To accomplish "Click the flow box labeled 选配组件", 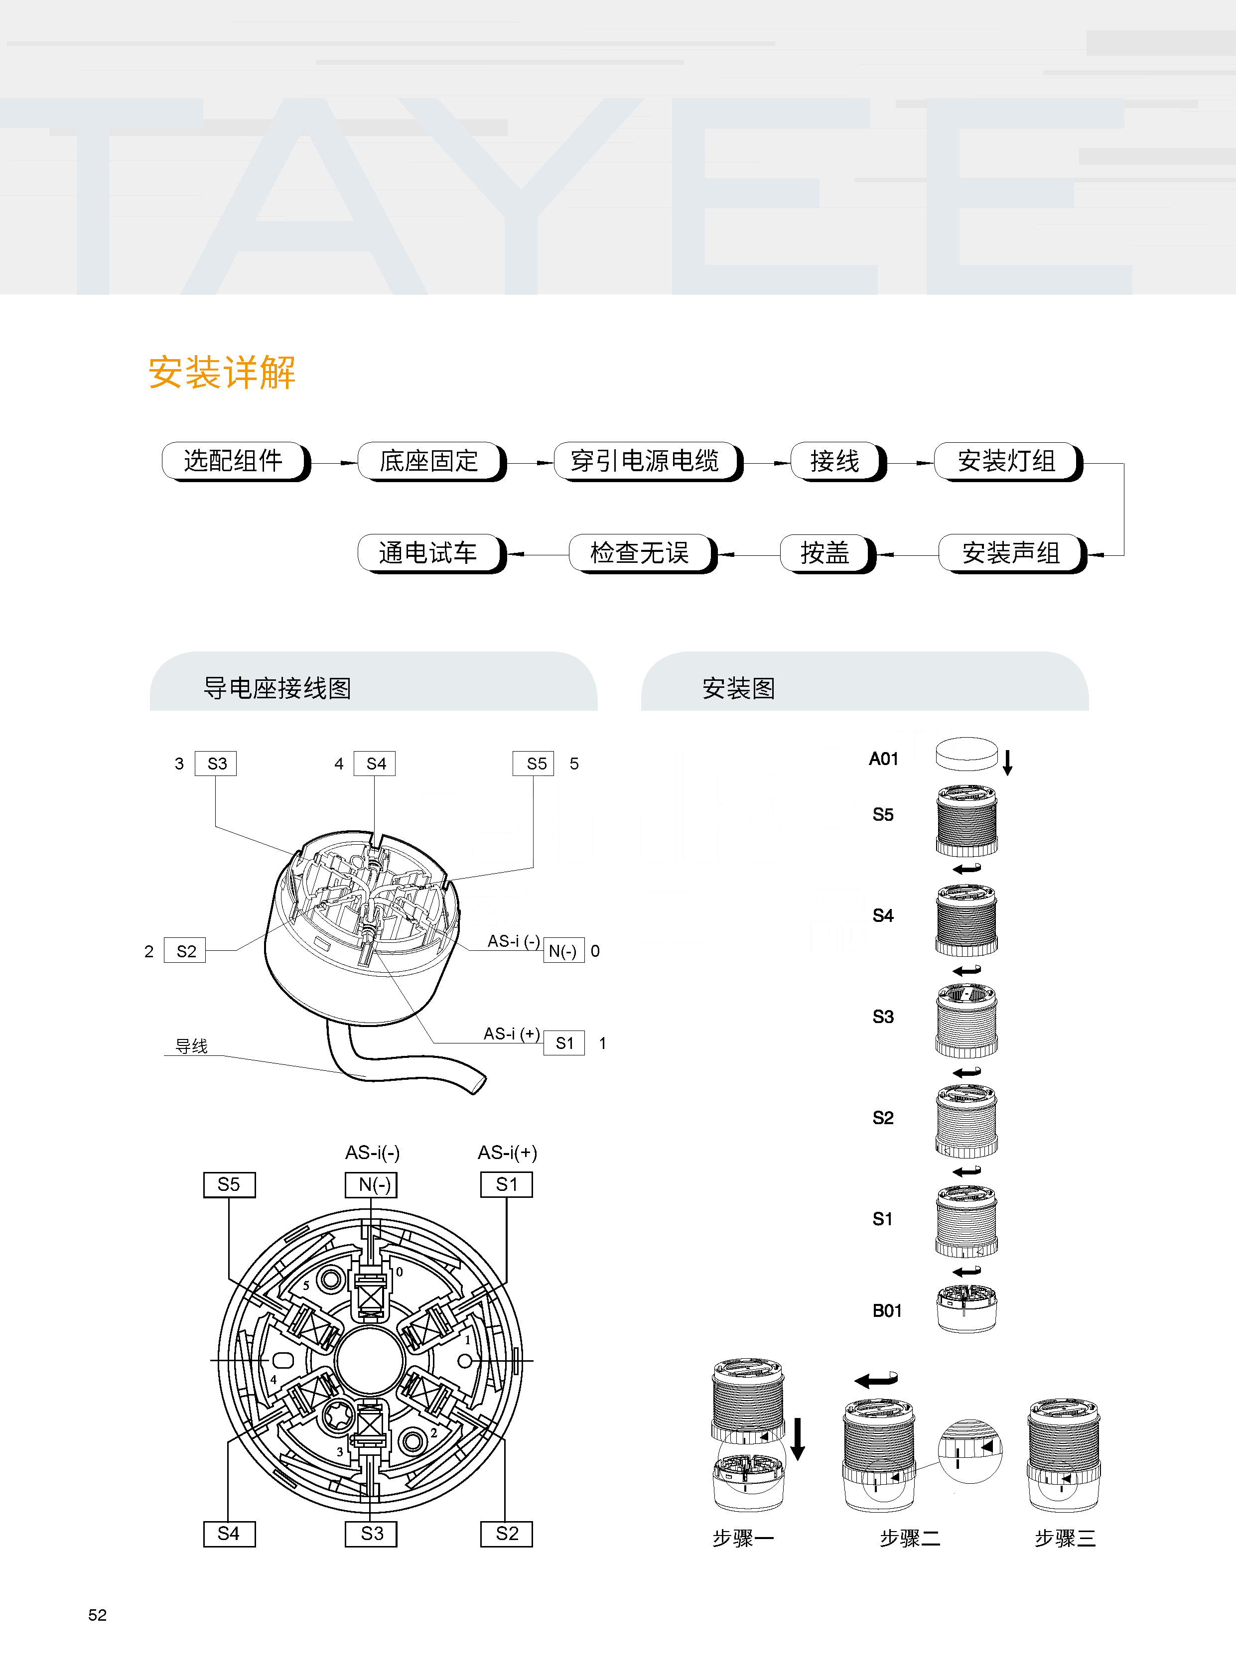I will click(x=234, y=461).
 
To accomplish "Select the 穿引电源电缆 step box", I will click(x=645, y=461).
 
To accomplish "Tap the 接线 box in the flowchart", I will click(x=836, y=461).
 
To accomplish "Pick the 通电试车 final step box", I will click(x=429, y=553).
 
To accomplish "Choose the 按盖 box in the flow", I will click(x=825, y=553).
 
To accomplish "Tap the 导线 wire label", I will click(x=191, y=1045).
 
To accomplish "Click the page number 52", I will click(x=97, y=1615).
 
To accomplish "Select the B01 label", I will click(x=887, y=1310).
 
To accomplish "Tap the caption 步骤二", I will click(x=910, y=1539).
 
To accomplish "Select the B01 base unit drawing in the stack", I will click(x=966, y=1308).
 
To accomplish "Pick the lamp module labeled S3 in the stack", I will click(x=966, y=1020).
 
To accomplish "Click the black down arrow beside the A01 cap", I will click(x=1008, y=762).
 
